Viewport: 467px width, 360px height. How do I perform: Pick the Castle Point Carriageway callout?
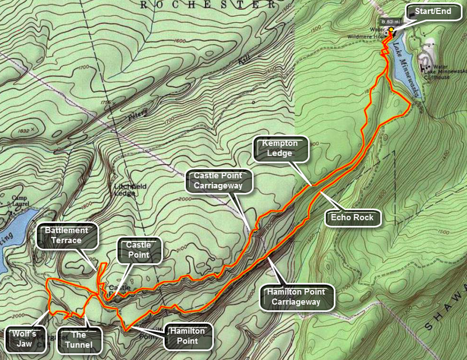click(x=221, y=180)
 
